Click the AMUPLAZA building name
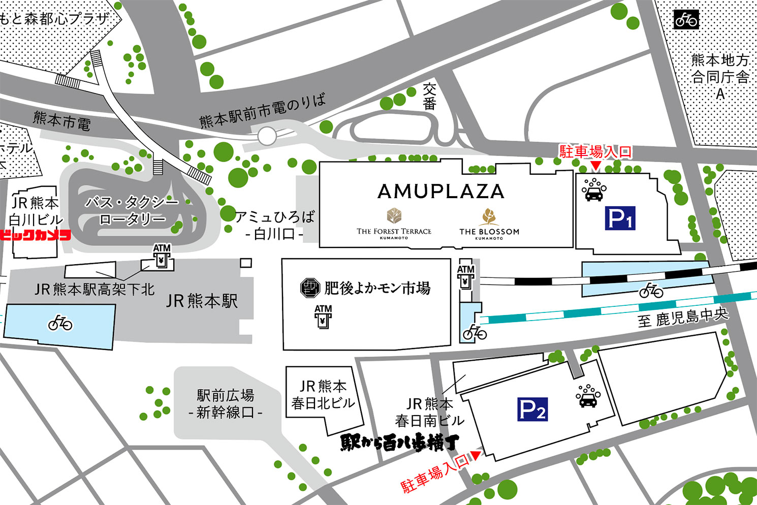click(x=441, y=192)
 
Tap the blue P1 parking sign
click(x=620, y=219)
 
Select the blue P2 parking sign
click(x=532, y=409)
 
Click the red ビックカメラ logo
click(x=35, y=235)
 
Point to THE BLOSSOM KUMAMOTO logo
click(x=489, y=224)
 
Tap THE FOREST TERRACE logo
click(x=394, y=224)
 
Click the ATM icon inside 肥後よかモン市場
click(x=323, y=316)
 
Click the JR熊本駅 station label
click(x=202, y=301)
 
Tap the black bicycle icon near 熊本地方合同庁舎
click(x=686, y=20)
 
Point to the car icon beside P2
click(x=588, y=396)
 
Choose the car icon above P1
click(x=593, y=190)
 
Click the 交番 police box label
click(x=430, y=97)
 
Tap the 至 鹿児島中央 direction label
click(x=683, y=319)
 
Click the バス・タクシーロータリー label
click(x=132, y=211)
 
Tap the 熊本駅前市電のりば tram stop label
click(x=262, y=112)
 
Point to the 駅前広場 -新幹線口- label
click(x=225, y=403)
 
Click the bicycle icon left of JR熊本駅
click(x=60, y=323)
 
